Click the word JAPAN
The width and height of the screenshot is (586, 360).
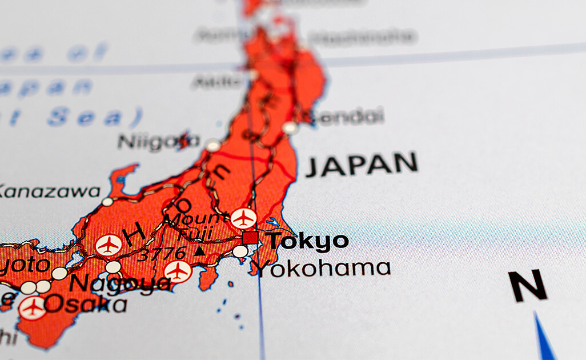361,164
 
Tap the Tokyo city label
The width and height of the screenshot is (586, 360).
308,241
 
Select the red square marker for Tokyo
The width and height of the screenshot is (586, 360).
250,237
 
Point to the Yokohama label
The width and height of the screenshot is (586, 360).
323,268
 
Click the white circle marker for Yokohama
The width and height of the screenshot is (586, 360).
240,251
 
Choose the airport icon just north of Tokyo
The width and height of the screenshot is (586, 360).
243,218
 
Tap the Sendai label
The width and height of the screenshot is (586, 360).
345,117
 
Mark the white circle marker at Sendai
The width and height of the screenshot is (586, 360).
290,127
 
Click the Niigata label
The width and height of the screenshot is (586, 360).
158,141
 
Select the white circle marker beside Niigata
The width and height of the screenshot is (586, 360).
213,145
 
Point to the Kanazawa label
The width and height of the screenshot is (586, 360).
49,191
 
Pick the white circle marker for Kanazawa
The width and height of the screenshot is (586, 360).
107,202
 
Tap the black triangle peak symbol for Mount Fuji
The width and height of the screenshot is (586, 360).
199,251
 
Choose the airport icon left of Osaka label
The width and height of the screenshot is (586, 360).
32,307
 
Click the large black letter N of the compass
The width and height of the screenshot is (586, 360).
527,286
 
